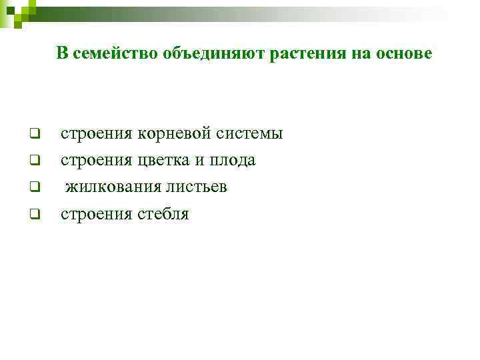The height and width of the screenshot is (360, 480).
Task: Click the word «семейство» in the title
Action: (113, 54)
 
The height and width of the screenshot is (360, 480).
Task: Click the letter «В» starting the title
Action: (61, 54)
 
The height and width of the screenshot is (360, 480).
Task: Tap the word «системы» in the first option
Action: (252, 134)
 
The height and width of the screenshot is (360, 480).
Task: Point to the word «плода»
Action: (233, 161)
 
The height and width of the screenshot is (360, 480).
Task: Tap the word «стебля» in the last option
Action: (163, 214)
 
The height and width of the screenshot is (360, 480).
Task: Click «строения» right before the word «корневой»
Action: (97, 134)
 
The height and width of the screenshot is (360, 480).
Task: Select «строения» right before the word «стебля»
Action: (97, 214)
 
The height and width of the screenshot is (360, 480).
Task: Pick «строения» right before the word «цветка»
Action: (97, 161)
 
